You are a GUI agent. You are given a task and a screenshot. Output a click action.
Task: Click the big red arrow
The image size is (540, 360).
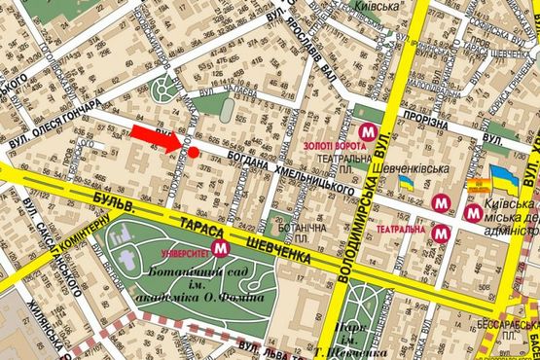point(157,137)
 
